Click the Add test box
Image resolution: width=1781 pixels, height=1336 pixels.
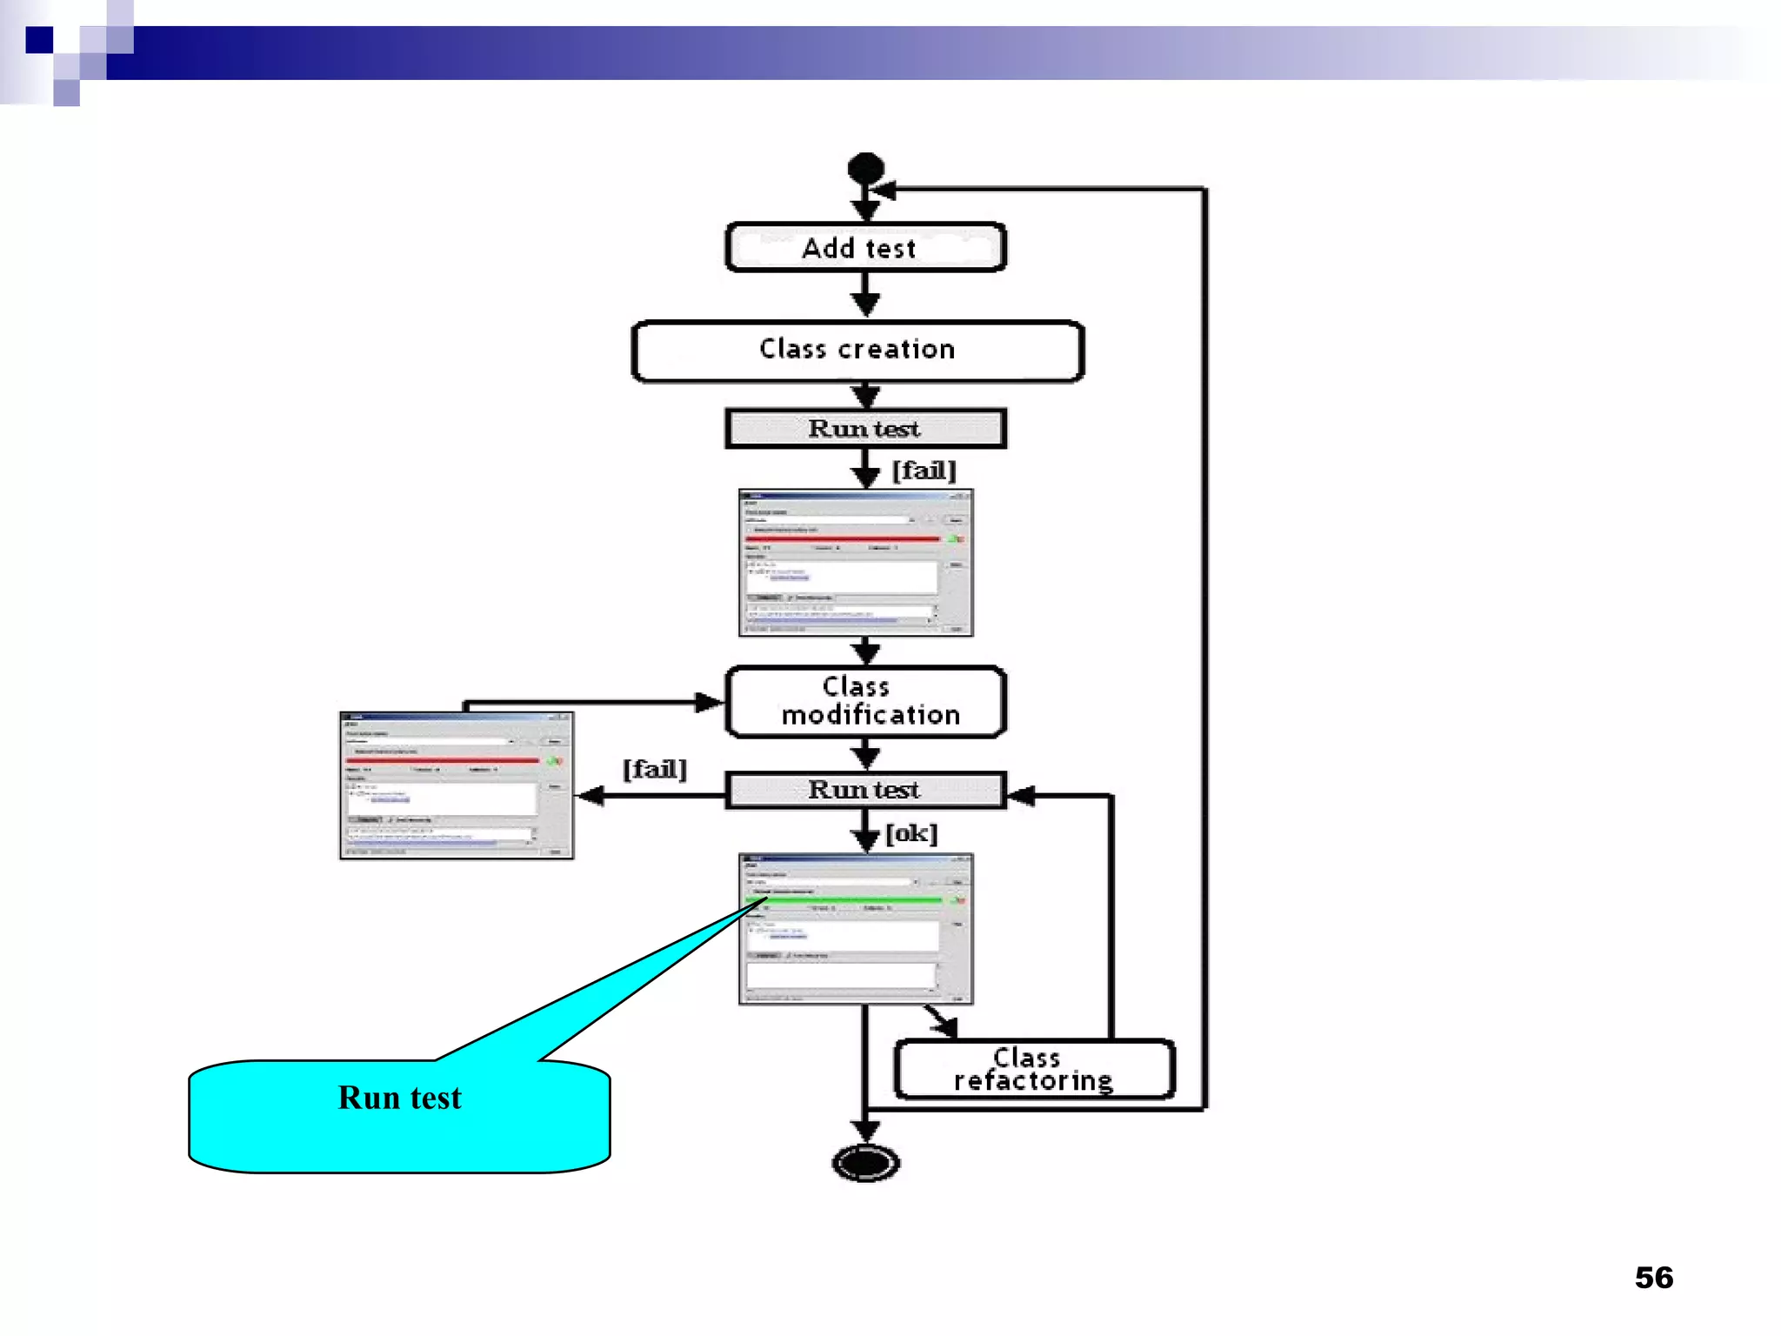click(865, 248)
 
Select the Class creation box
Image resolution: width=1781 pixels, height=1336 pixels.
click(857, 351)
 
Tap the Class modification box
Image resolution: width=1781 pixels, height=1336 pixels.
click(865, 702)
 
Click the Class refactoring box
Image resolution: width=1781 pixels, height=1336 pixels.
click(1034, 1070)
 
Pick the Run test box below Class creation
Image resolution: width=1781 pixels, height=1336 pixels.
click(865, 429)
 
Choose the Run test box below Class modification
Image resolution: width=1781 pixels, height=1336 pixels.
click(865, 790)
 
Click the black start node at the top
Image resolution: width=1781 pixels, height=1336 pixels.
click(865, 168)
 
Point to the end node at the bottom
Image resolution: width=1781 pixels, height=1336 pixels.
click(865, 1163)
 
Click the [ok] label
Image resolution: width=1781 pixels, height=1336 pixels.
click(911, 834)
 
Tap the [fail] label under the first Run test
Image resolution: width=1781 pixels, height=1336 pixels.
click(924, 471)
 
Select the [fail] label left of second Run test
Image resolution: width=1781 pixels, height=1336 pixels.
click(654, 770)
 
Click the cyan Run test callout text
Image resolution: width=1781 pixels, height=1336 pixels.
click(399, 1099)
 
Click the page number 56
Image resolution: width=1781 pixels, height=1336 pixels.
click(1653, 1278)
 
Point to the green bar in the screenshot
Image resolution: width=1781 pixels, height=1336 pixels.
click(844, 899)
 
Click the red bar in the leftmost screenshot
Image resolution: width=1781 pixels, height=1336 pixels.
click(444, 760)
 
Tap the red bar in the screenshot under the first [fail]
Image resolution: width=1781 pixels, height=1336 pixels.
click(842, 539)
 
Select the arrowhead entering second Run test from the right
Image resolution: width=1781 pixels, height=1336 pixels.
click(1021, 795)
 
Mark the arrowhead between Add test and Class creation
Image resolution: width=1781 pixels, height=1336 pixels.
click(865, 304)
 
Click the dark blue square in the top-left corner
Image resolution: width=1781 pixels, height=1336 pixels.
click(39, 40)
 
